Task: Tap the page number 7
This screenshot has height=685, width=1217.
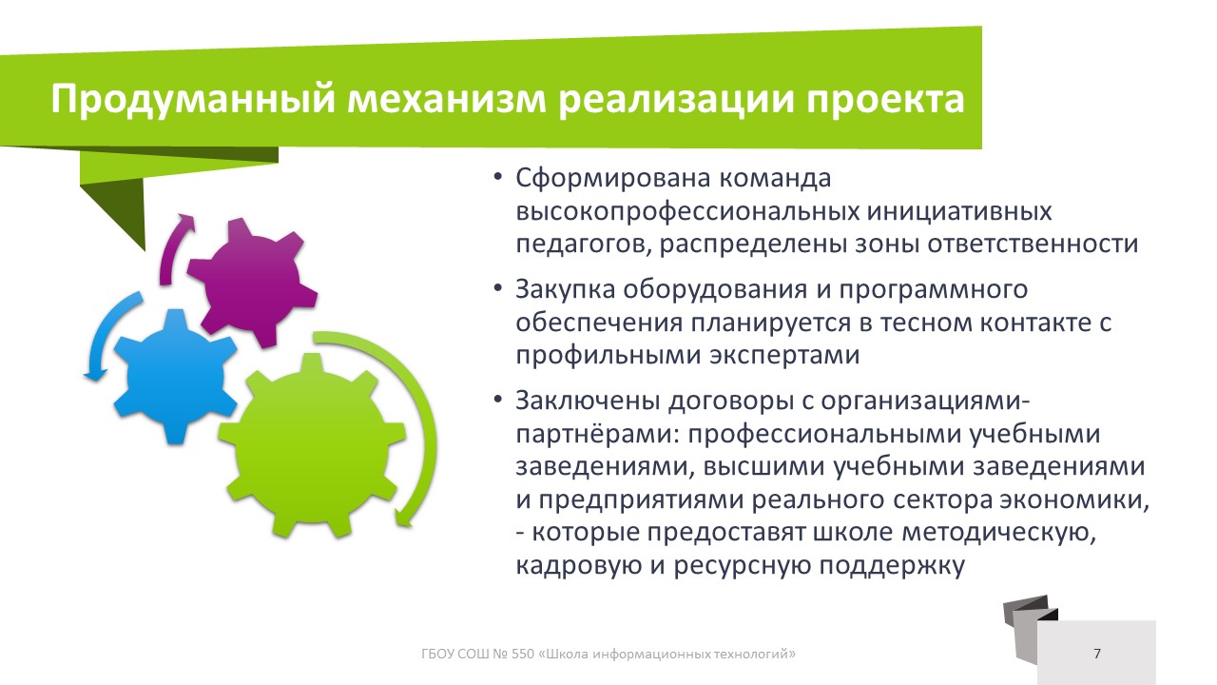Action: (1097, 654)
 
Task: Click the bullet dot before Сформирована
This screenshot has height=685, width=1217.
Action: (498, 178)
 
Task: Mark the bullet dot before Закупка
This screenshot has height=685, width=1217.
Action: (498, 288)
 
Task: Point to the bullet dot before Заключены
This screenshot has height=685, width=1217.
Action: (498, 401)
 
